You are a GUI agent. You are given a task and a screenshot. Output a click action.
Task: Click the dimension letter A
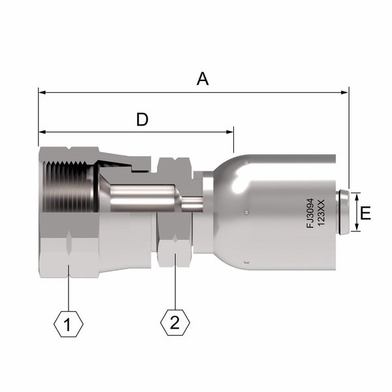tap(203, 78)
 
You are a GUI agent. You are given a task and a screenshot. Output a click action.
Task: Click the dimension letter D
tap(142, 120)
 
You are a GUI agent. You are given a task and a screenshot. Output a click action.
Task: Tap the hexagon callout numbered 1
tap(68, 324)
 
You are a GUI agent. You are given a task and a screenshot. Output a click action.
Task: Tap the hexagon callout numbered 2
tap(175, 323)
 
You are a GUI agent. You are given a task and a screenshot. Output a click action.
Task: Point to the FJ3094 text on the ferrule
tap(310, 213)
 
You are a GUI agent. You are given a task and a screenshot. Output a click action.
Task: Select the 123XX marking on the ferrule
tap(321, 213)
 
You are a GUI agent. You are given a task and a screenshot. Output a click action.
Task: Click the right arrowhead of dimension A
tap(344, 93)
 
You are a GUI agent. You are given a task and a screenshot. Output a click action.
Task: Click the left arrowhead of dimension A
tap(42, 93)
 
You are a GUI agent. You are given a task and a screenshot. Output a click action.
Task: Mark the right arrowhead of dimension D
tap(229, 132)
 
